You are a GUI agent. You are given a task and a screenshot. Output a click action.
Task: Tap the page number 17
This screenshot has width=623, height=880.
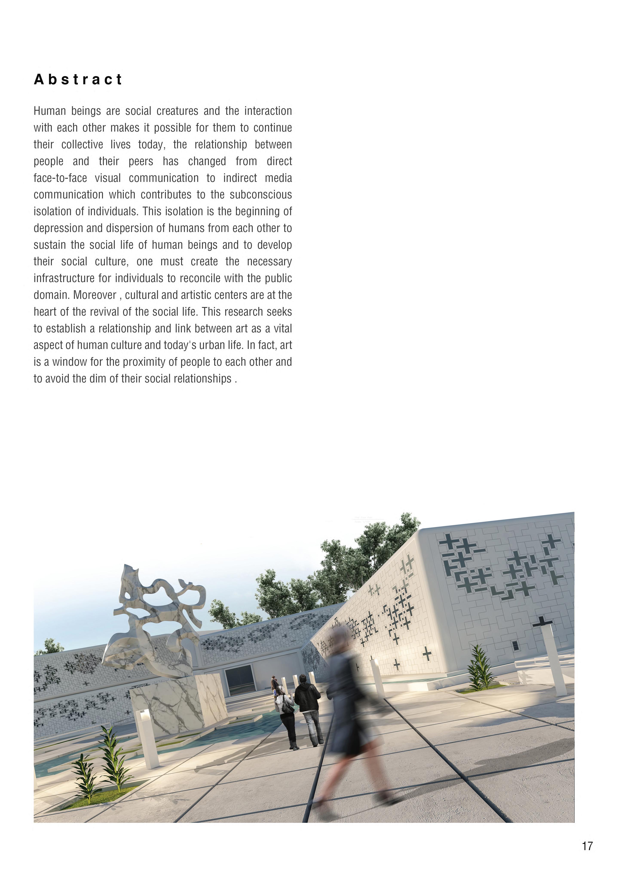point(587,846)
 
